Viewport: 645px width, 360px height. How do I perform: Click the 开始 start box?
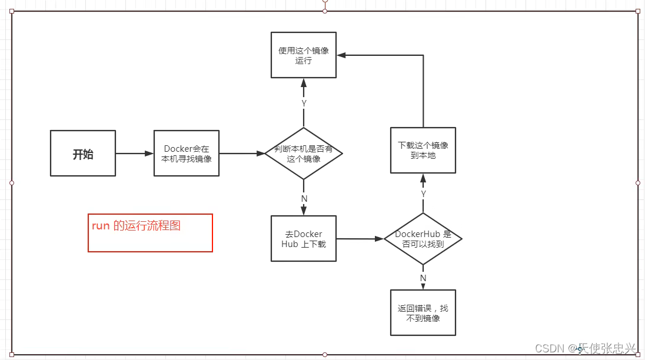click(x=83, y=154)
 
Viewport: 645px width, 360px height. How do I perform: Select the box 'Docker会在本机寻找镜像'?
click(x=187, y=154)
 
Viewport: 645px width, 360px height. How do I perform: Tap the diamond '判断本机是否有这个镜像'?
click(x=304, y=154)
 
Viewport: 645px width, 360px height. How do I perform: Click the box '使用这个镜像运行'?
click(x=304, y=55)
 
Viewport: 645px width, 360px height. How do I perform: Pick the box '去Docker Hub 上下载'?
click(x=304, y=239)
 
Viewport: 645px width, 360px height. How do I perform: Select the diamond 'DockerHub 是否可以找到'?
click(x=423, y=239)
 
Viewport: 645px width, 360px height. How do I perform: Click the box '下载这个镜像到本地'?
click(x=423, y=150)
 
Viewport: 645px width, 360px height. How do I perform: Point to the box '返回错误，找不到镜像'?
click(x=423, y=313)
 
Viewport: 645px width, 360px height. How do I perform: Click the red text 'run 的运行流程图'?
click(x=136, y=226)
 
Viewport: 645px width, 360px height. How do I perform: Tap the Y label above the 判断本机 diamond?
click(x=304, y=103)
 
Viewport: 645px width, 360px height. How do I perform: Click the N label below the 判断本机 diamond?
click(x=304, y=199)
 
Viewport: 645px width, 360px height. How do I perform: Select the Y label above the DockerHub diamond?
click(x=423, y=194)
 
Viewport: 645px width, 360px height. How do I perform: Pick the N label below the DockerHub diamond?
click(x=423, y=278)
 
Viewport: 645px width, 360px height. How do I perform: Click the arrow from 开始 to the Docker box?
click(x=134, y=154)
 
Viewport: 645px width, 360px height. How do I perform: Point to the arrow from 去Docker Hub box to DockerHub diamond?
click(x=360, y=239)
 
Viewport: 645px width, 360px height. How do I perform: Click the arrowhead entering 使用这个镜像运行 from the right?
click(x=341, y=55)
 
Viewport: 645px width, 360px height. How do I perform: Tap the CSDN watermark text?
click(x=585, y=348)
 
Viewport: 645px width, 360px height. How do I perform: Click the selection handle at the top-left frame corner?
click(x=12, y=11)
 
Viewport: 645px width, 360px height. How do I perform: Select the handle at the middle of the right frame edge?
click(x=638, y=183)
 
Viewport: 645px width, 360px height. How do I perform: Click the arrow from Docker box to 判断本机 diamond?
click(x=242, y=154)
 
